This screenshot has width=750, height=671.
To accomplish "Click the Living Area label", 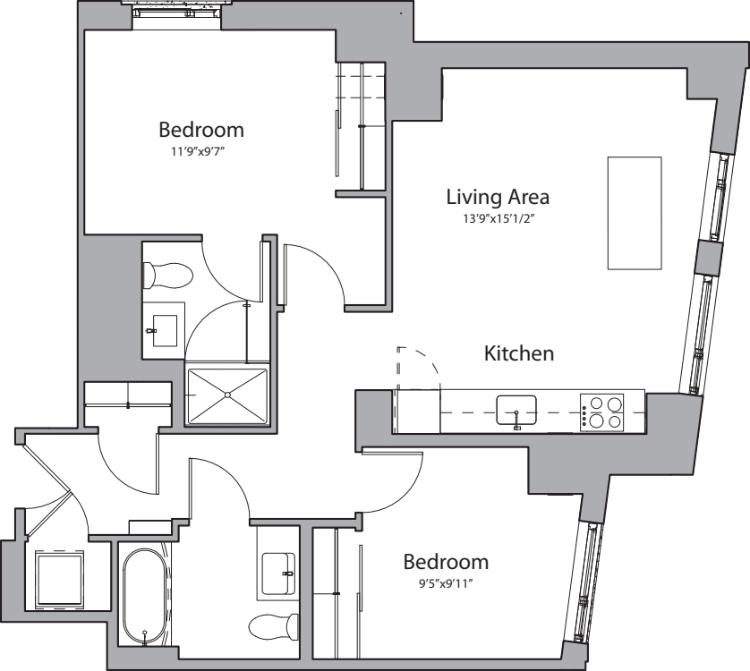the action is (498, 197).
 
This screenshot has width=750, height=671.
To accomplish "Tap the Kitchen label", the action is (519, 353).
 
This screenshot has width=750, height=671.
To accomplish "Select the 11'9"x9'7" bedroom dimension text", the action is (198, 152).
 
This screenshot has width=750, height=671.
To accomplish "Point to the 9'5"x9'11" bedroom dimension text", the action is (446, 583).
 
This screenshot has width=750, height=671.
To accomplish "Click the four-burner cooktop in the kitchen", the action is (601, 412).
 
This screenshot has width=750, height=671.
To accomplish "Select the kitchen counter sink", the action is (516, 411).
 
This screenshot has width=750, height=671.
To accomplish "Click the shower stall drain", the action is (227, 395).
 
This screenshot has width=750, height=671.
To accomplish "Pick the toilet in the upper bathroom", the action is (168, 276).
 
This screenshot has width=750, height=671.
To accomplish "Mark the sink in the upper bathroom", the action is (165, 330).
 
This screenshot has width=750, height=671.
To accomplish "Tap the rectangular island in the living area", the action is (635, 213).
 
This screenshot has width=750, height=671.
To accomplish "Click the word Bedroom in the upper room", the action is (201, 130).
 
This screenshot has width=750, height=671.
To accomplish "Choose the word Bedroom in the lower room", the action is (446, 562).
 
